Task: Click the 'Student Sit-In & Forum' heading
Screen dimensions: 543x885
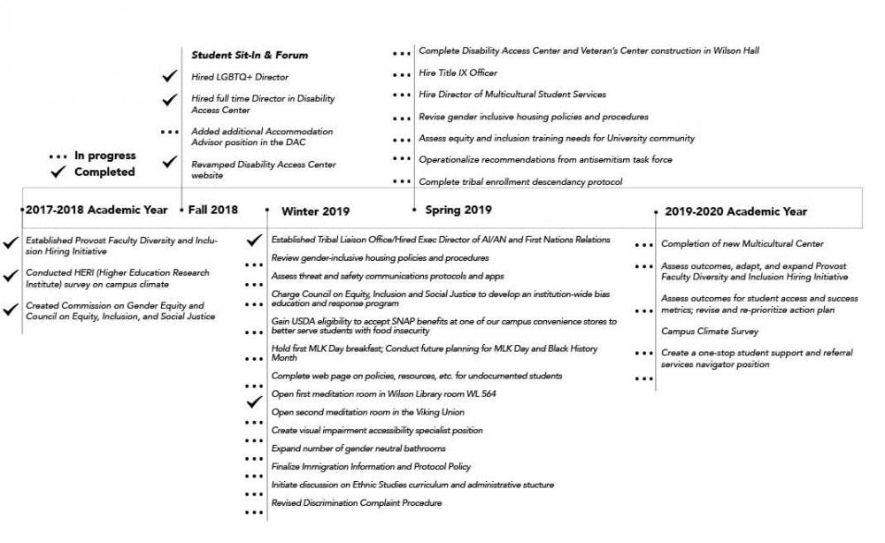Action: (x=250, y=55)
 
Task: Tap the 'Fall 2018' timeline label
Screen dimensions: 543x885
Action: (x=213, y=210)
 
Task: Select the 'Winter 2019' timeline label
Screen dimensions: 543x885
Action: (x=315, y=211)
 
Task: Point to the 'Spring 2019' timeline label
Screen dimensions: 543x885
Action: (x=458, y=210)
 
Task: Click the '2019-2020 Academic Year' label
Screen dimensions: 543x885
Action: (x=735, y=211)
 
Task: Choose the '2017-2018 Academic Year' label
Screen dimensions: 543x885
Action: (x=96, y=210)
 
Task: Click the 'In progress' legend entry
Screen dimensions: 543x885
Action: (x=104, y=156)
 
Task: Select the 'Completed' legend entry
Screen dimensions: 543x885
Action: (x=104, y=172)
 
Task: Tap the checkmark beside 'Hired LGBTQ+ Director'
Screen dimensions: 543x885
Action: (x=169, y=77)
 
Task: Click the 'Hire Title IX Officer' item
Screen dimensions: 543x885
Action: (x=458, y=73)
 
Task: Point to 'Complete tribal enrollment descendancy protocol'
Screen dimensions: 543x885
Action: (x=520, y=182)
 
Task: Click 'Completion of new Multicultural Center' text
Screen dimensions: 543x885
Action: (x=742, y=243)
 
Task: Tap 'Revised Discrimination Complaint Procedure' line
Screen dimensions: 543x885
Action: (x=356, y=502)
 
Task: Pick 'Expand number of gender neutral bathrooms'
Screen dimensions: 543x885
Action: (x=358, y=448)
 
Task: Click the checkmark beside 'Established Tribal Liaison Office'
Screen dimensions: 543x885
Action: (x=254, y=240)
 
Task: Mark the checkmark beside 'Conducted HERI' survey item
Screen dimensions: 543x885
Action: (x=11, y=275)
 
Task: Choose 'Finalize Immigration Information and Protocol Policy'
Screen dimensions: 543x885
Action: (x=371, y=466)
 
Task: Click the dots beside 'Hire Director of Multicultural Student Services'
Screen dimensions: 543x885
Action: (x=402, y=95)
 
